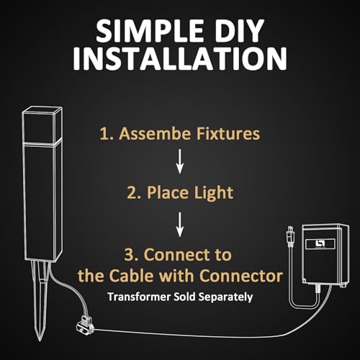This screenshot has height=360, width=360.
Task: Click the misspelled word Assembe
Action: point(155,133)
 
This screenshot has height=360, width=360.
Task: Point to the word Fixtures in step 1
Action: point(228,133)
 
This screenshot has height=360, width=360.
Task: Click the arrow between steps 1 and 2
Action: point(180,161)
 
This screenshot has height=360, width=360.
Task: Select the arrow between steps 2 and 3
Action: point(180,225)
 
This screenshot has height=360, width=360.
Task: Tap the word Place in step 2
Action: point(168,192)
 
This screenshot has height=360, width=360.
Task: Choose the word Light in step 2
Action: point(214,193)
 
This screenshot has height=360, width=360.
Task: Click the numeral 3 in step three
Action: point(130,255)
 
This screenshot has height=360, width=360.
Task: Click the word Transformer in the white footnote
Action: point(139,297)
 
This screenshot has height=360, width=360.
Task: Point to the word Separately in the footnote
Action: point(225,297)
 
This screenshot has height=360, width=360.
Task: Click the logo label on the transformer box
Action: point(320,244)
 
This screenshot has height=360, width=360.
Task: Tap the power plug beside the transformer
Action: point(291,235)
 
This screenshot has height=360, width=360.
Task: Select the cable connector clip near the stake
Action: point(85,324)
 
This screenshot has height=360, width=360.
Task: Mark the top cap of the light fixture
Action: point(42,125)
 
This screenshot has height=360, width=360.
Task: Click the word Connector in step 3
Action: point(240,276)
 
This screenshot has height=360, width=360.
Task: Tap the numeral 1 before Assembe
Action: point(104,134)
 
